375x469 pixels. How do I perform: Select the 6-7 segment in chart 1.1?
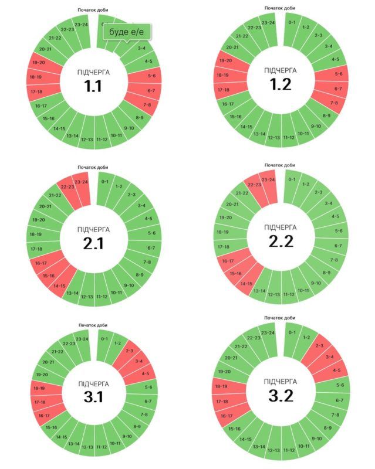(150, 90)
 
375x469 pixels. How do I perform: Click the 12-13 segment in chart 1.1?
(87, 139)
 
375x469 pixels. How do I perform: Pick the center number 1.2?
(280, 84)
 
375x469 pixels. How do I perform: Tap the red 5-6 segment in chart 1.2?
(337, 74)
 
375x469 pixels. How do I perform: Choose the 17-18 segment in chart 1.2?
(223, 90)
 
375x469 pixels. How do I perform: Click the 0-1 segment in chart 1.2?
(292, 23)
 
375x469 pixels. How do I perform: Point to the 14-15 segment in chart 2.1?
(58, 286)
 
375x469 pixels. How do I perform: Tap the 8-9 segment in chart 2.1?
(139, 274)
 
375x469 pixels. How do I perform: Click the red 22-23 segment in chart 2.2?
(255, 185)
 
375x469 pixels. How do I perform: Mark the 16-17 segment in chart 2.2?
(227, 261)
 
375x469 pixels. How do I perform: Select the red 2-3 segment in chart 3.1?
(130, 350)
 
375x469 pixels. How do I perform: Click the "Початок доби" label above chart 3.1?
(93, 325)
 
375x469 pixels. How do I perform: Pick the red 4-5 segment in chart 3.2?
(336, 370)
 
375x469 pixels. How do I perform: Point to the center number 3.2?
(280, 396)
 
